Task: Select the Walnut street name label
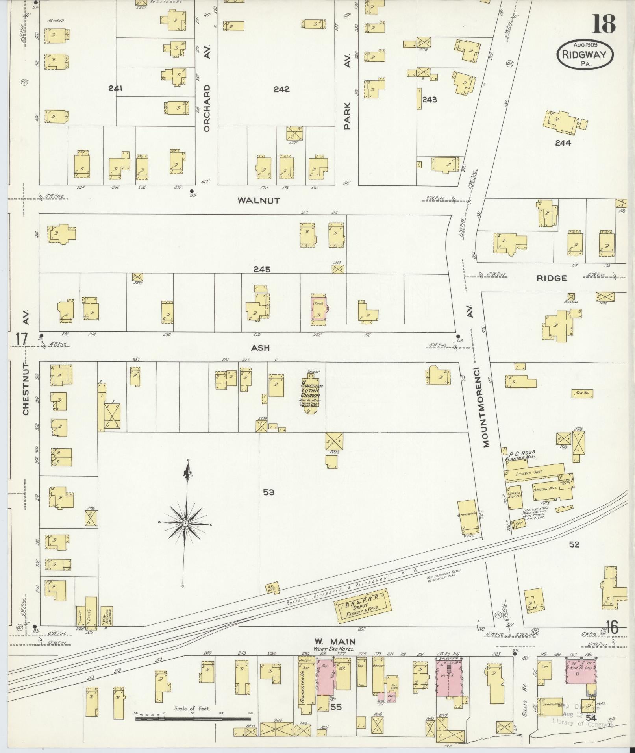(259, 200)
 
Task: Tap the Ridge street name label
(552, 278)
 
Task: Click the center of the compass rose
(185, 523)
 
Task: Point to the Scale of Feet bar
(193, 718)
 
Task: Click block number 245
(261, 270)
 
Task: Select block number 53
(268, 492)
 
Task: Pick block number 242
(281, 89)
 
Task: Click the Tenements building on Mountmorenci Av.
(468, 515)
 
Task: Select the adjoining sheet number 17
(21, 339)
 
